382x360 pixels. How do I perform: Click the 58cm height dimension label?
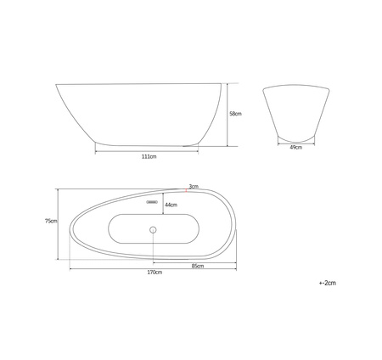[235, 114]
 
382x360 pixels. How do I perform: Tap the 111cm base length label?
[149, 156]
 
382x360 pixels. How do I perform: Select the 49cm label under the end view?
[296, 148]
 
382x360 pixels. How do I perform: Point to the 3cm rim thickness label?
[194, 186]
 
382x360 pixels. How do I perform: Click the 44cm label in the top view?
[171, 205]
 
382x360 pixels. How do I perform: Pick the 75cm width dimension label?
[51, 221]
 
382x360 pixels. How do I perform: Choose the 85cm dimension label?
[198, 266]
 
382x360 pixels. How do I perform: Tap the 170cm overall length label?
[154, 273]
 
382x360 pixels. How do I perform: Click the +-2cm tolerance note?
[328, 283]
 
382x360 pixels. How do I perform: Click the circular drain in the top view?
[153, 229]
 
